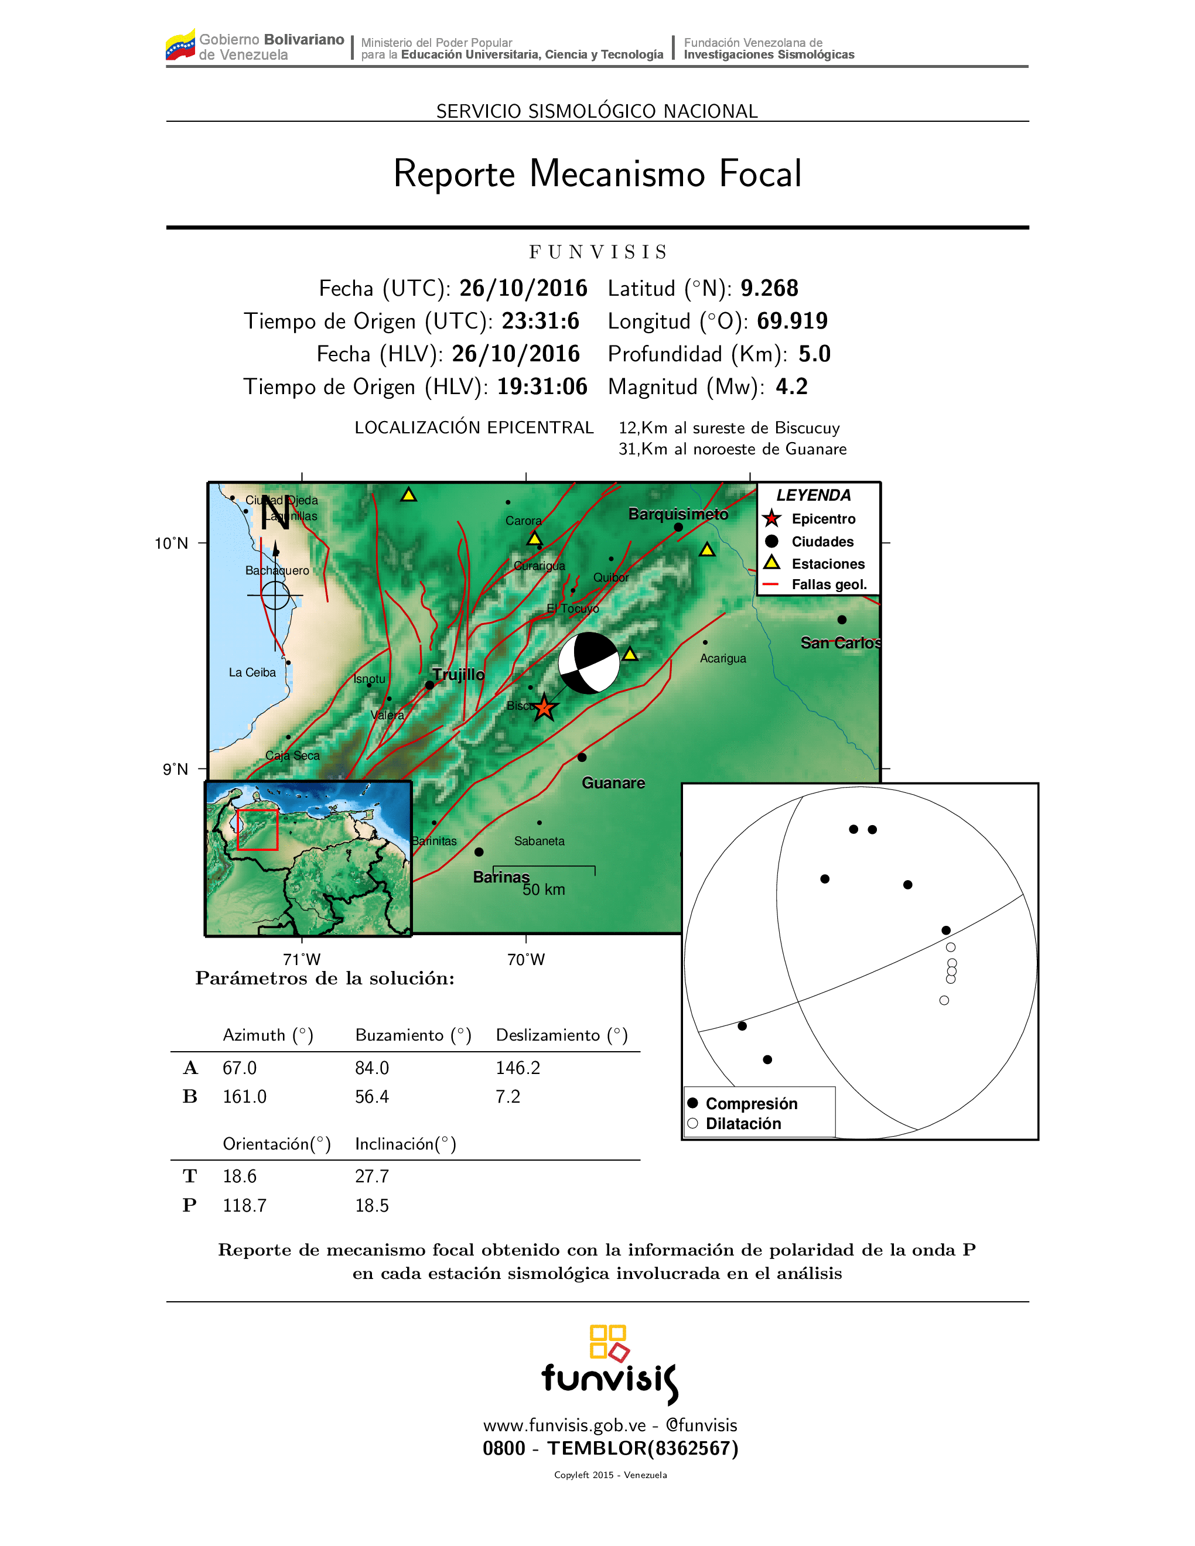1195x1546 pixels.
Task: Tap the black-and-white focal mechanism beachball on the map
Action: click(x=588, y=663)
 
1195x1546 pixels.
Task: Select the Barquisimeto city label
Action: click(x=678, y=514)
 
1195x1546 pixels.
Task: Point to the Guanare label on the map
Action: click(x=613, y=783)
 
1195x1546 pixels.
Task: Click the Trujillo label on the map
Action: click(x=459, y=675)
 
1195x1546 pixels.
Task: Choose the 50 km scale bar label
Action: click(x=544, y=890)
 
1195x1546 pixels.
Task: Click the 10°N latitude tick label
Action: click(x=171, y=543)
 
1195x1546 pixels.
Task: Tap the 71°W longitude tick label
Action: click(x=302, y=960)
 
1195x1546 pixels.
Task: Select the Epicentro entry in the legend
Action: click(x=822, y=519)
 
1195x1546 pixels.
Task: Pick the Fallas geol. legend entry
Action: click(x=828, y=584)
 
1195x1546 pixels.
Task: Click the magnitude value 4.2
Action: click(x=791, y=386)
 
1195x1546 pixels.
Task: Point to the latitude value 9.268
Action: click(x=769, y=288)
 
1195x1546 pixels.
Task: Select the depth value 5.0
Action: click(x=814, y=354)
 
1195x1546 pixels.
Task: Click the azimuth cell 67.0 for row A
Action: click(x=239, y=1068)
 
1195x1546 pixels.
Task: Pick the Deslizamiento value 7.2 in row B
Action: click(x=508, y=1097)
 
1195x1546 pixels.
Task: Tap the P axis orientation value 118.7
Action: click(x=244, y=1206)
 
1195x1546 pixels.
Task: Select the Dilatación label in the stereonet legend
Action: click(x=743, y=1124)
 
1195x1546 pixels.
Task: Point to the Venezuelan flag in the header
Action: click(x=180, y=45)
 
